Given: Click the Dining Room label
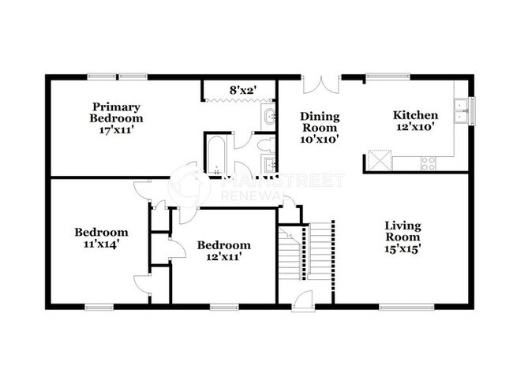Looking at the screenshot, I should (x=319, y=121).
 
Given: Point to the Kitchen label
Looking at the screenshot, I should (x=415, y=115).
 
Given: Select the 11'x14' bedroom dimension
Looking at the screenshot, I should (x=101, y=244).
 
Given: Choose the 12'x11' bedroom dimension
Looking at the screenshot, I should (x=223, y=256).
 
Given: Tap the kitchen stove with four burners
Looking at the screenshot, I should (x=429, y=164).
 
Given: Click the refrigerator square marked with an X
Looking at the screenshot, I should (x=376, y=162).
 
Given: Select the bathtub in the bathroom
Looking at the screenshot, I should (x=215, y=155).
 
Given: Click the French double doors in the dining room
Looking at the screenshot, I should (x=320, y=85).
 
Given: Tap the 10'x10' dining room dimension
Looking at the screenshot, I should (x=319, y=140).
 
